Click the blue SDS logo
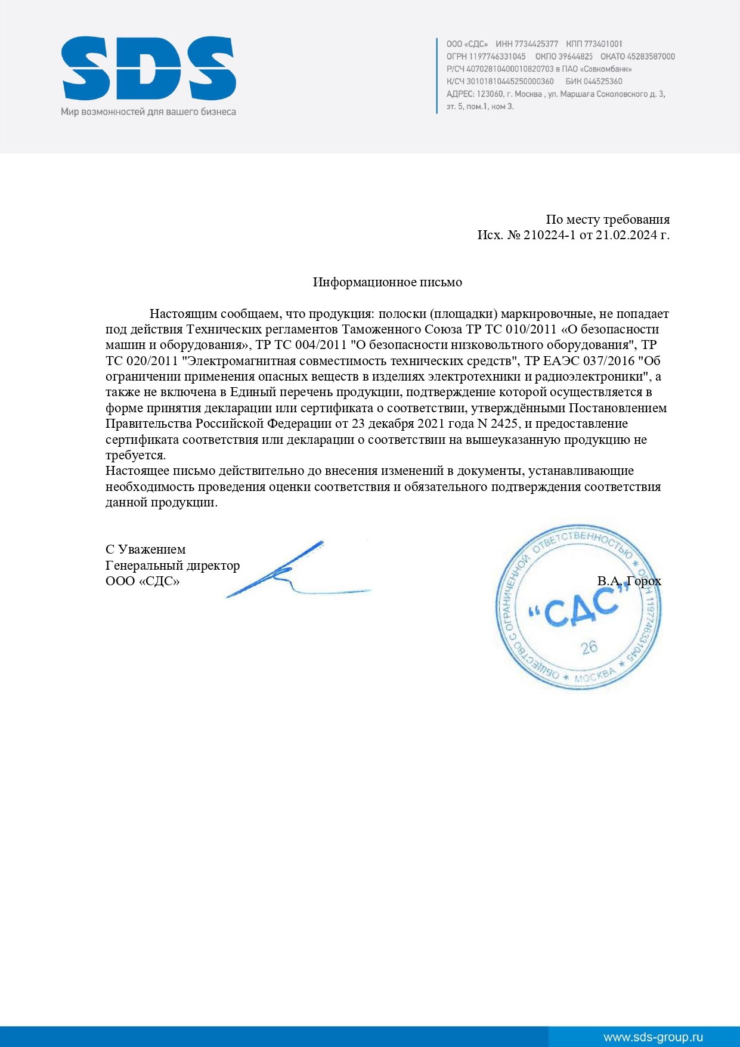[x=148, y=68]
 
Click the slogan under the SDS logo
[x=148, y=112]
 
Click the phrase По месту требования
[x=607, y=220]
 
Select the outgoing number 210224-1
[x=549, y=235]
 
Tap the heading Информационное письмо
[x=387, y=282]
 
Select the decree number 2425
[x=504, y=424]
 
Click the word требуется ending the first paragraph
[x=135, y=455]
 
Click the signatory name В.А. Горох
[x=629, y=581]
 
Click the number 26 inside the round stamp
[x=589, y=647]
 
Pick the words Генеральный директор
[x=172, y=566]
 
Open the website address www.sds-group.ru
[x=653, y=1037]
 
